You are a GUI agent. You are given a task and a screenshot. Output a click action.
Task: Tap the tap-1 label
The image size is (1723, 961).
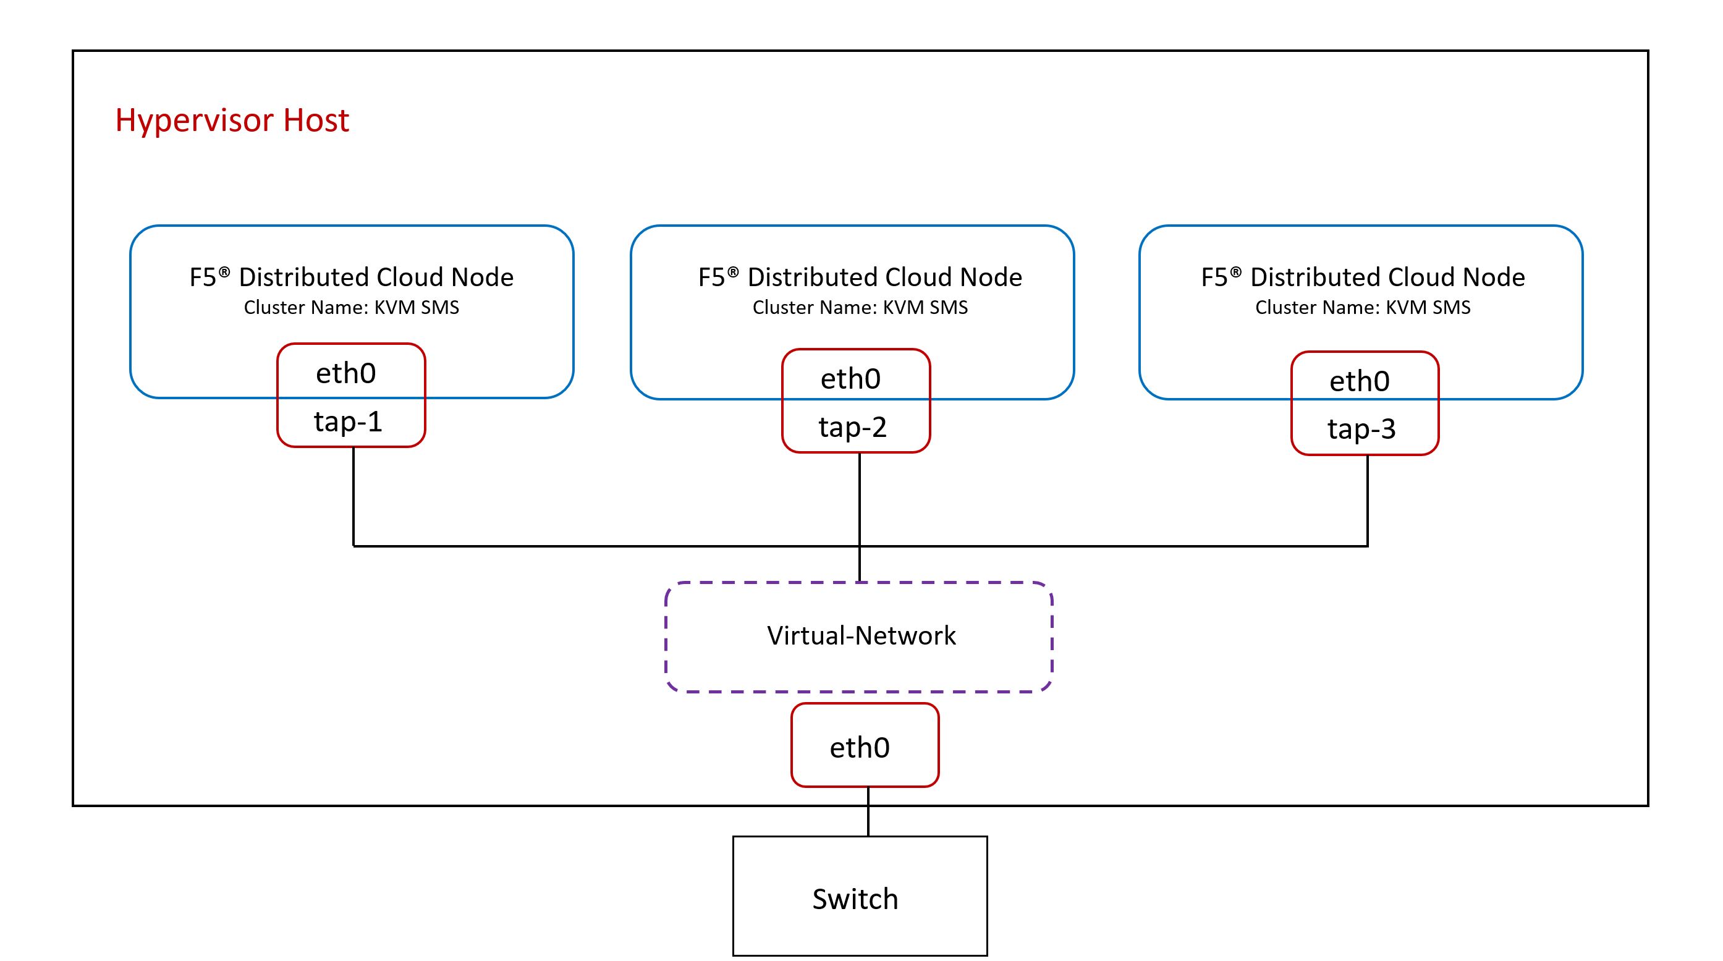click(x=348, y=421)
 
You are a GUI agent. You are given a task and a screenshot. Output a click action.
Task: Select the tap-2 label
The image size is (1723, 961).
click(x=852, y=426)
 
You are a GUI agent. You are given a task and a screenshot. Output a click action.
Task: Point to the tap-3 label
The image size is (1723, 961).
click(x=1361, y=429)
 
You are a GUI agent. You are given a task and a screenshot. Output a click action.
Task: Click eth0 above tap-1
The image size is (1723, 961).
click(x=346, y=373)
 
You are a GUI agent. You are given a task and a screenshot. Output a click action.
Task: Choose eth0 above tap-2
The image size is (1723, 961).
click(x=850, y=378)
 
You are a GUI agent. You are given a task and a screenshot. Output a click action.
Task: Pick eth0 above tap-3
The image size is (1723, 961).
click(x=1359, y=381)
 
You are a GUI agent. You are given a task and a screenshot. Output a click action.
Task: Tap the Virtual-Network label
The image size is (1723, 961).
click(x=861, y=635)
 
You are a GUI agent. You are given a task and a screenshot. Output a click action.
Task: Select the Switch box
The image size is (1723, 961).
click(x=860, y=896)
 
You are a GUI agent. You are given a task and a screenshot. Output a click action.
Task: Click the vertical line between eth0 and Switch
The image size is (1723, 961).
click(x=868, y=812)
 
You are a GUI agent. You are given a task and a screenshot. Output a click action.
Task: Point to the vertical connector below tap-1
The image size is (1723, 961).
click(x=353, y=496)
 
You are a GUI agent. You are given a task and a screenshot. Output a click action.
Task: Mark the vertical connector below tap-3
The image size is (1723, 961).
click(x=1366, y=500)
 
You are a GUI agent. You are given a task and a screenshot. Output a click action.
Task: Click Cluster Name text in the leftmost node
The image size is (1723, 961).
click(x=351, y=308)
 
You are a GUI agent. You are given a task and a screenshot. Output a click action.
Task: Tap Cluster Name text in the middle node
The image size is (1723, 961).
click(x=860, y=308)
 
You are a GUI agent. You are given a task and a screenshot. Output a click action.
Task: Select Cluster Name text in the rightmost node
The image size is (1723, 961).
click(x=1363, y=308)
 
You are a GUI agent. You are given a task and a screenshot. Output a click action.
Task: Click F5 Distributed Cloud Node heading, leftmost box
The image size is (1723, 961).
click(x=351, y=277)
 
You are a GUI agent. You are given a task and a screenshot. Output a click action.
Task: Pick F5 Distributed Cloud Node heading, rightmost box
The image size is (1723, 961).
click(x=1363, y=277)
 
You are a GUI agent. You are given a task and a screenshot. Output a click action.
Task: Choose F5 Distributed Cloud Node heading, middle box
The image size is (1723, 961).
click(x=860, y=277)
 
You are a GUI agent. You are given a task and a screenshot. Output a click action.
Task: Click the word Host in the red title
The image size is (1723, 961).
click(x=316, y=121)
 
